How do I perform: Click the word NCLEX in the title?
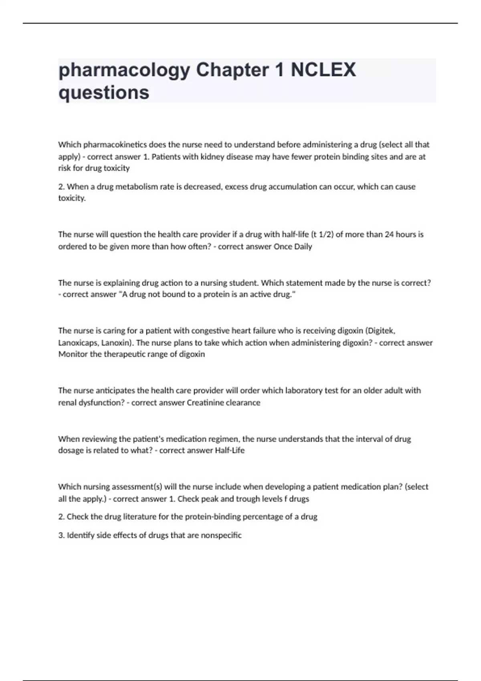coord(323,70)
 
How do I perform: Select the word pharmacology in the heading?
coord(124,71)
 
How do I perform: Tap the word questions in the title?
coord(104,93)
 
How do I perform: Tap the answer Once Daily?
coord(293,247)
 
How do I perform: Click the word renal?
coord(67,403)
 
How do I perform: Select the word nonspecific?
coord(221,535)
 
